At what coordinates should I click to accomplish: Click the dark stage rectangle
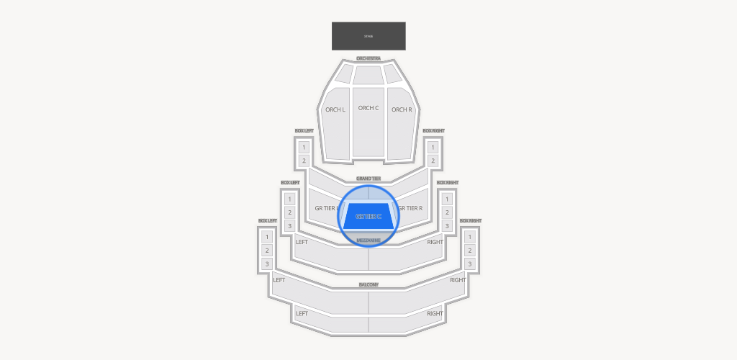[x=368, y=36]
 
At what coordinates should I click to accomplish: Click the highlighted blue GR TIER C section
[x=368, y=216]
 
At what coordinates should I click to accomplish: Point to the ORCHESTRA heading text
[x=368, y=58]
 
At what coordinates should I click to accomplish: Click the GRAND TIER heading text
[x=368, y=178]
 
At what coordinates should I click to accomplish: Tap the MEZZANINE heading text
[x=368, y=240]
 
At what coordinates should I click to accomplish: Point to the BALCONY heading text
[x=368, y=285]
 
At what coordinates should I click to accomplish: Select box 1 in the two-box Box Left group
[x=304, y=147]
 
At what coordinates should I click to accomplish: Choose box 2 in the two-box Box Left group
[x=304, y=161]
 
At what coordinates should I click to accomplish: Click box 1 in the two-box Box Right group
[x=433, y=147]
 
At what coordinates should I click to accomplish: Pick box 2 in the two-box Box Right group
[x=433, y=161]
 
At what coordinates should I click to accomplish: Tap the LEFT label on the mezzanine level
[x=302, y=242]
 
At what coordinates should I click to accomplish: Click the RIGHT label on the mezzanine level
[x=435, y=242]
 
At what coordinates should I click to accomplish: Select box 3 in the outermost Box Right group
[x=470, y=264]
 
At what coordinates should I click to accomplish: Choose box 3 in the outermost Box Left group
[x=267, y=264]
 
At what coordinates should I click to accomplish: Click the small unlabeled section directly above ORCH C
[x=368, y=73]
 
